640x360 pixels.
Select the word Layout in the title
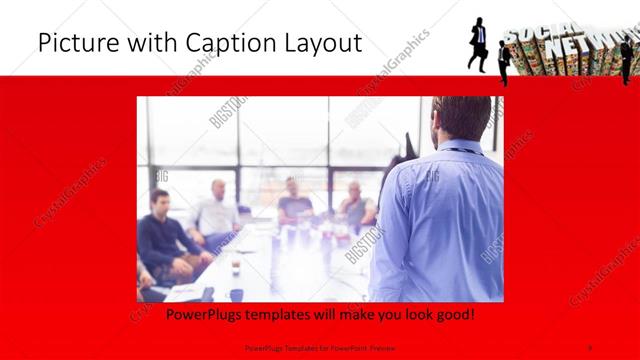[x=318, y=43]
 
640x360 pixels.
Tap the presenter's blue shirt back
[x=440, y=220]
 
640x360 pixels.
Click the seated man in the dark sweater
[x=163, y=240]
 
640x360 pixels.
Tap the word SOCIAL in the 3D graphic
[x=530, y=35]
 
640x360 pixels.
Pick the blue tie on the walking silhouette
[x=481, y=36]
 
